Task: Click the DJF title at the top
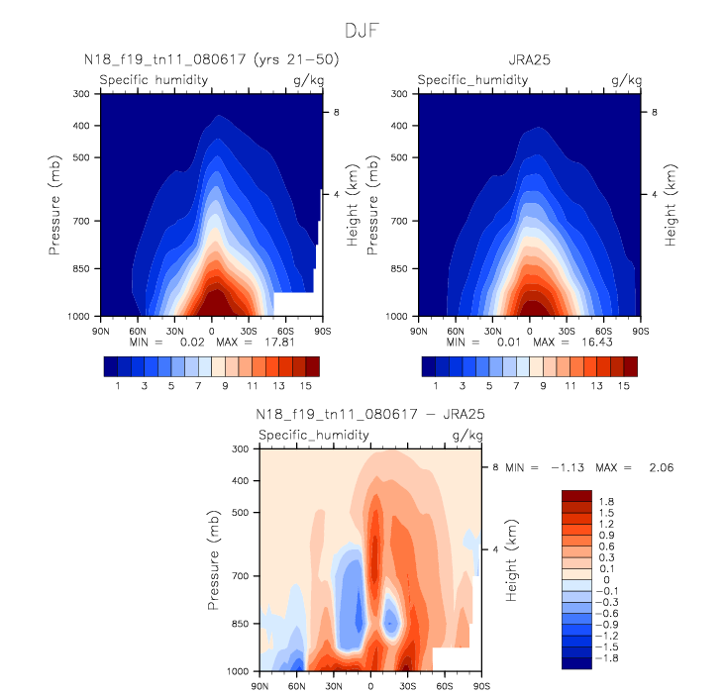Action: pyautogui.click(x=361, y=31)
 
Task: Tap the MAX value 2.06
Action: pyautogui.click(x=661, y=466)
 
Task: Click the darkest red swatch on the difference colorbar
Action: pyautogui.click(x=575, y=495)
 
